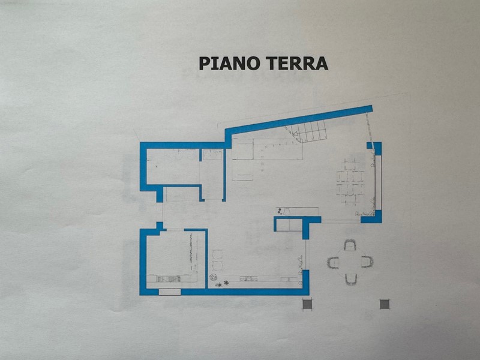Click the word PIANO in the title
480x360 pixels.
230,64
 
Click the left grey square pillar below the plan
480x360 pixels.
307,304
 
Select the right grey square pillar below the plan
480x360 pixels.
385,304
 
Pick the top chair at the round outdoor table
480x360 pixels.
350,245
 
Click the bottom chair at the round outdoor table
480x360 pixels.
351,279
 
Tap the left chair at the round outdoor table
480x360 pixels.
333,263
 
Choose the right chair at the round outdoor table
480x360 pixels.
367,262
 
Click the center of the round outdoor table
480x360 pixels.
350,262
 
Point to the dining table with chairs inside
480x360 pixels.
350,182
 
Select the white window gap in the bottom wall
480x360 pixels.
170,292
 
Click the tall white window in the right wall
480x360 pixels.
379,182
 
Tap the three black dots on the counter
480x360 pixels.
280,212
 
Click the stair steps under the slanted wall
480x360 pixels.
306,131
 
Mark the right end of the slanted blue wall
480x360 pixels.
372,109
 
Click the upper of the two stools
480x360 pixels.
217,254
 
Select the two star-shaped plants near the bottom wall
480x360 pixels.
222,284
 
